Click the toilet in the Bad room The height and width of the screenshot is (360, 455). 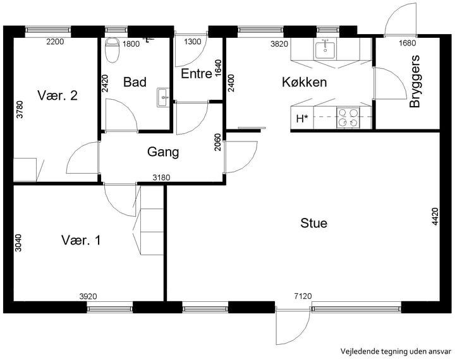(112, 50)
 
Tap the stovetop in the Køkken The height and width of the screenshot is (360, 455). (348, 117)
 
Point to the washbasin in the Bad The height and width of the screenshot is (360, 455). (163, 97)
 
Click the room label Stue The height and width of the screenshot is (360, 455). (313, 224)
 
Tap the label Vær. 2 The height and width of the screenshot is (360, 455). (58, 95)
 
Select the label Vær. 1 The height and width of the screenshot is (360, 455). (81, 240)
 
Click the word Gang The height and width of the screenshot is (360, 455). (163, 152)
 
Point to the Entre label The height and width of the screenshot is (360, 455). (197, 74)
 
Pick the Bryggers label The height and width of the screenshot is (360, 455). (415, 81)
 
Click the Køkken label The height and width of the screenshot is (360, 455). (305, 82)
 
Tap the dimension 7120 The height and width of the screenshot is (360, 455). (303, 296)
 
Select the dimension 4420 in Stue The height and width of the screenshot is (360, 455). (435, 217)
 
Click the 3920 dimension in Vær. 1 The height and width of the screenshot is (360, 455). (88, 296)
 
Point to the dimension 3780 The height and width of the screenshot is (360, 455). (20, 109)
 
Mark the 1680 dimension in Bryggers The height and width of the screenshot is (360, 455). (407, 43)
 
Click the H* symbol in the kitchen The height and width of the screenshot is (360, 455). (302, 119)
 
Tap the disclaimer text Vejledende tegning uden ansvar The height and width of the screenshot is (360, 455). (396, 352)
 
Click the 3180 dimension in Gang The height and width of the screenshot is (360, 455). (161, 177)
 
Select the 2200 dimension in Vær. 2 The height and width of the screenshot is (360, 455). (55, 42)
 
